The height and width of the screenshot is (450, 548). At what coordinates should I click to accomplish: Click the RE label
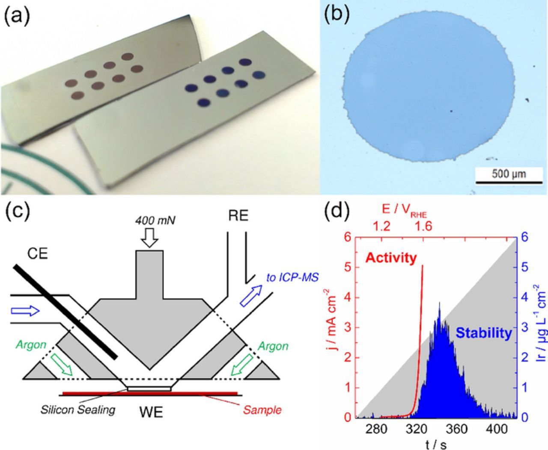[x=238, y=216]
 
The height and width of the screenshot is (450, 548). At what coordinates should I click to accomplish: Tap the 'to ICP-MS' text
[x=292, y=278]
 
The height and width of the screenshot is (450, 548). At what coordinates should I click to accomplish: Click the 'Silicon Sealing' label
[x=78, y=409]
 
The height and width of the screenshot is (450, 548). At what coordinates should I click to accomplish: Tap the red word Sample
[x=262, y=410]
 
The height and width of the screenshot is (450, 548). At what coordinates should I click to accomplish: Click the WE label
[x=151, y=413]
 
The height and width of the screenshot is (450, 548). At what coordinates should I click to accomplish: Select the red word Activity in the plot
[x=391, y=258]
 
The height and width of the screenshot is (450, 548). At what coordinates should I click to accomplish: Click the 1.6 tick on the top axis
[x=423, y=226]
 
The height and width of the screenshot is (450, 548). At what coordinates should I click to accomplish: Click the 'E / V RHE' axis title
[x=405, y=210]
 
